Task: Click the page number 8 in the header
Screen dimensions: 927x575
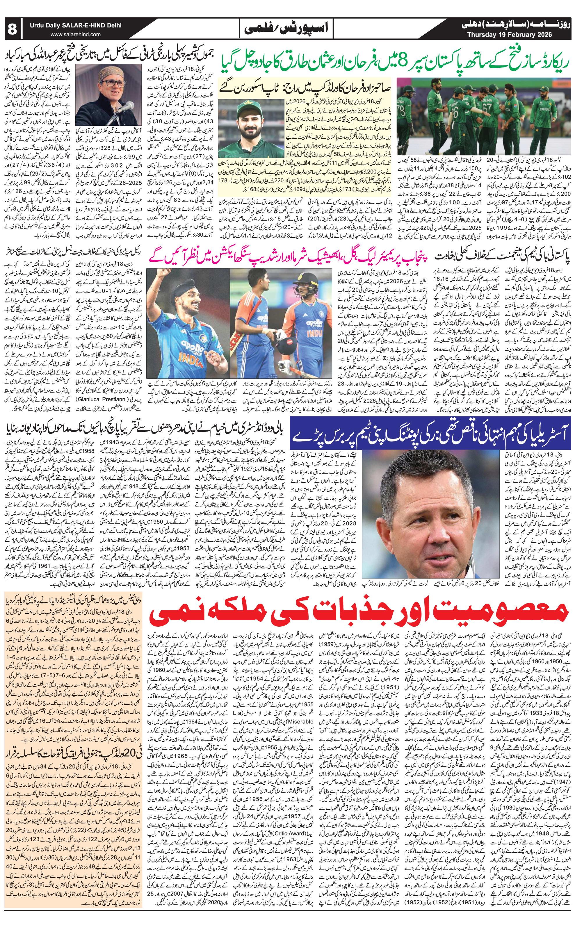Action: (13, 29)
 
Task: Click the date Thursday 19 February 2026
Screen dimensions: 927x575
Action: (509, 35)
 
